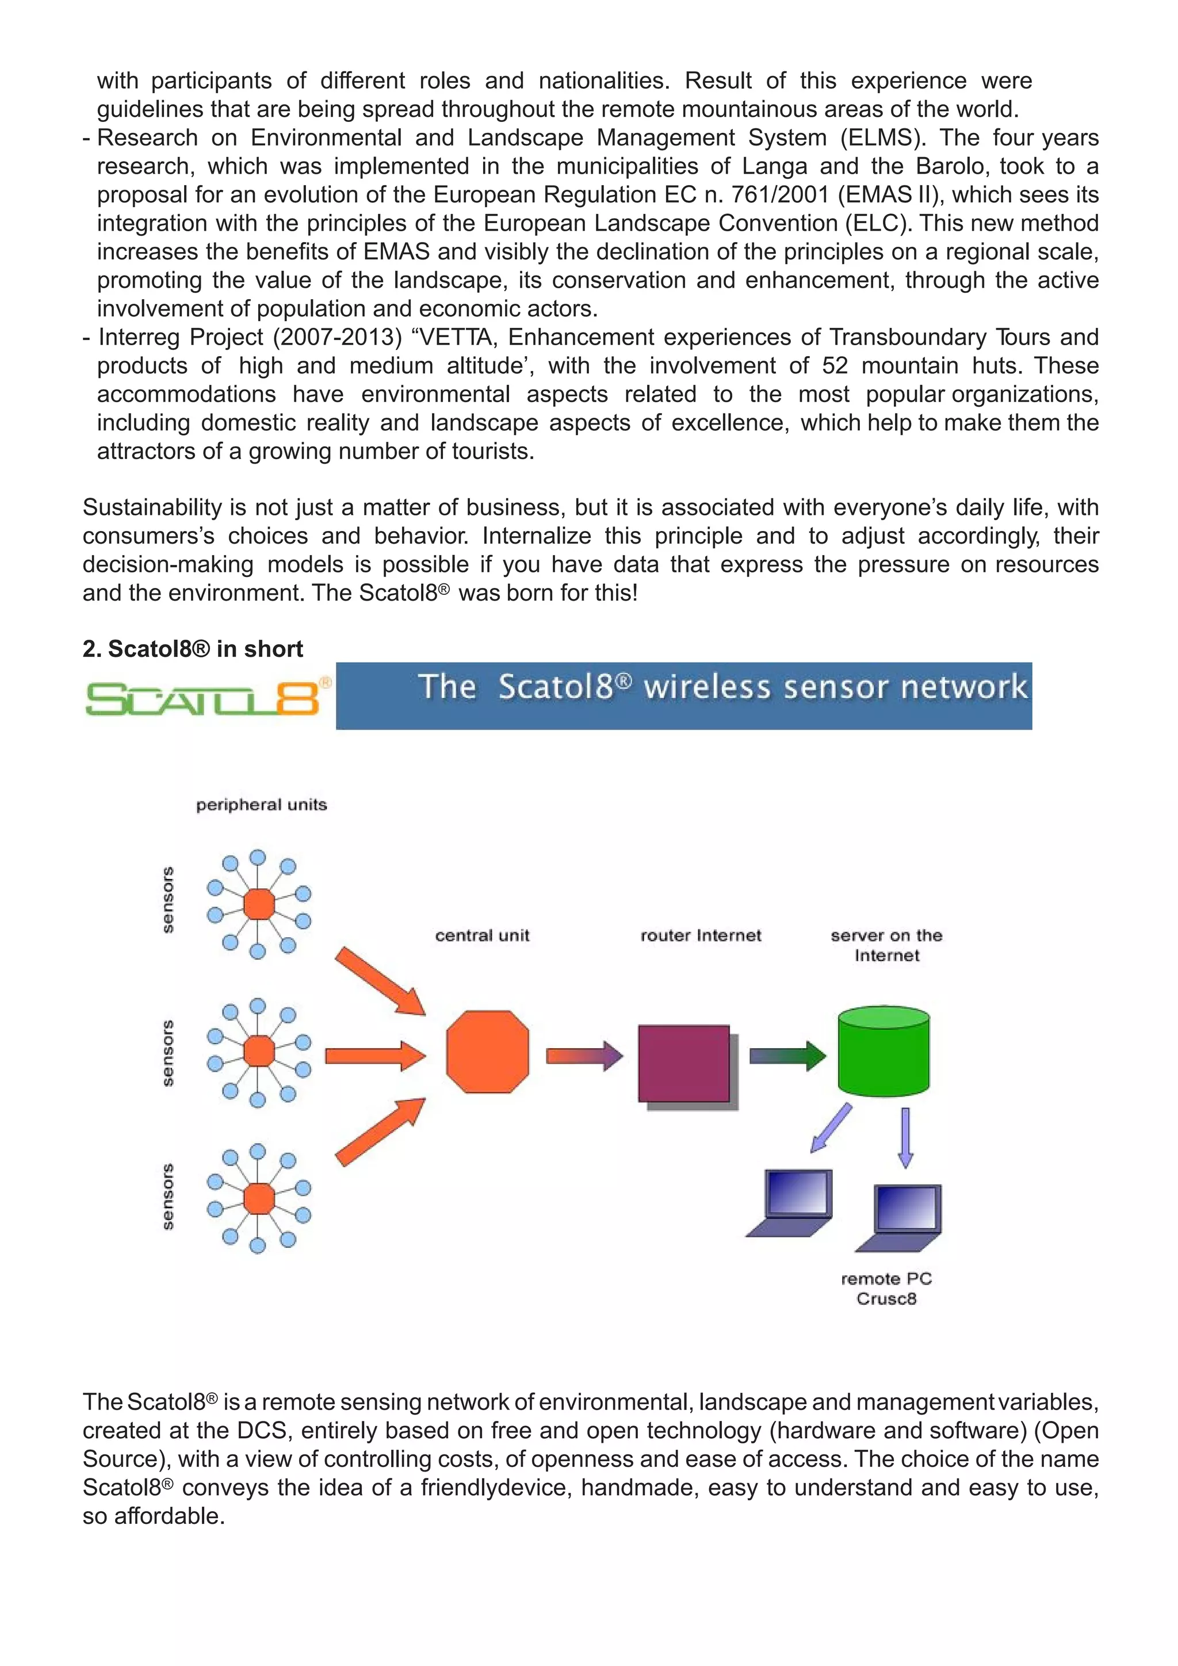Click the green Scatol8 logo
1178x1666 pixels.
(203, 698)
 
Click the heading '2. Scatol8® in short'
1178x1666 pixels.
(192, 649)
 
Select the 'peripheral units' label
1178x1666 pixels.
(261, 805)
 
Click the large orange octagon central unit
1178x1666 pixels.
(487, 1052)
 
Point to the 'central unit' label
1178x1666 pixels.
(483, 935)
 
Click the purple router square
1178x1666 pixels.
(684, 1063)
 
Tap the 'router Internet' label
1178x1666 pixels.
(701, 935)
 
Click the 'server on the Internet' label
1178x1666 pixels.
(886, 945)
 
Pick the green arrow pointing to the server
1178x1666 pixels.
(787, 1055)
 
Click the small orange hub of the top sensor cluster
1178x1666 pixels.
(259, 904)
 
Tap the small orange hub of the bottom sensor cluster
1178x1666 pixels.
(259, 1198)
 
